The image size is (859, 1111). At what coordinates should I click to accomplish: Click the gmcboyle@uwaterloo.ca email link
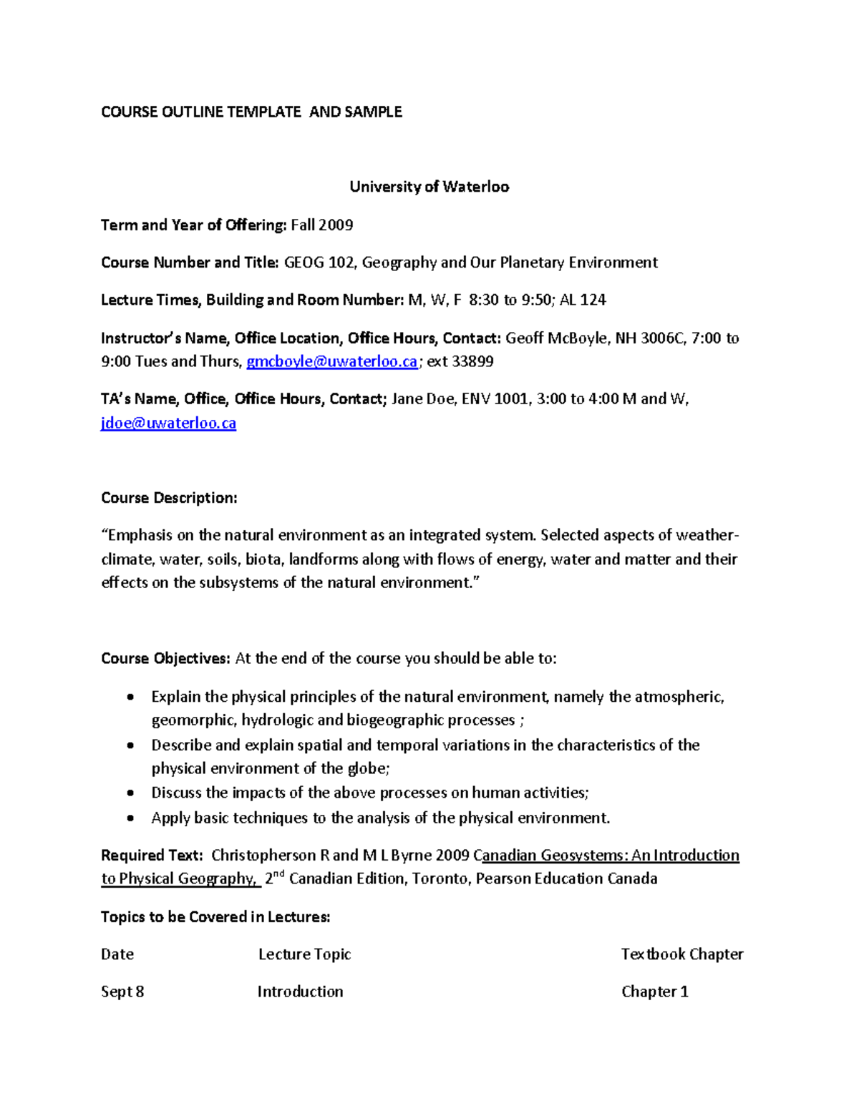(331, 362)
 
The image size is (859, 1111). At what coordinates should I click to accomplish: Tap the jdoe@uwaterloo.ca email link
(168, 424)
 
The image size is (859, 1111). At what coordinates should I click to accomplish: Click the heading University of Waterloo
(429, 187)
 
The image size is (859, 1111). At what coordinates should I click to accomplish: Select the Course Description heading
(169, 498)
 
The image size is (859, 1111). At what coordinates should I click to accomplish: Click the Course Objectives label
(165, 658)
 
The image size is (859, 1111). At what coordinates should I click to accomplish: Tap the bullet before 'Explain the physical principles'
(130, 697)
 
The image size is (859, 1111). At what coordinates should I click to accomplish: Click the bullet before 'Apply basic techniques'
(130, 818)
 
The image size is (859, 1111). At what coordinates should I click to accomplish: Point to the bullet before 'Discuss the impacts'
(130, 793)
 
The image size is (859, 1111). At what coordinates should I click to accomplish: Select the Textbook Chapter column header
(681, 954)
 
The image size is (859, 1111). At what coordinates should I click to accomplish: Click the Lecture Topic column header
(304, 954)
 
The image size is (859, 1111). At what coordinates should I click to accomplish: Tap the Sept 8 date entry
(122, 992)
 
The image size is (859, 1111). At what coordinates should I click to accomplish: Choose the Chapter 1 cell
(654, 992)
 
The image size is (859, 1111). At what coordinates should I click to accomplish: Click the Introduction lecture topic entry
(300, 992)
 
